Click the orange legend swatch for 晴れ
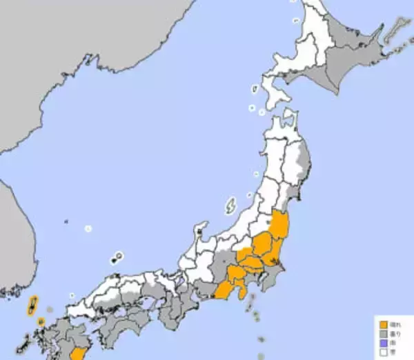pyautogui.click(x=381, y=322)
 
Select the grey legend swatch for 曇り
pyautogui.click(x=381, y=330)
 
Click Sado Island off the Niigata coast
pyautogui.click(x=231, y=205)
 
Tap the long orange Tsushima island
pyautogui.click(x=32, y=306)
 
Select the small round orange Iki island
pyautogui.click(x=41, y=321)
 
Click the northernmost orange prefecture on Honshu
pyautogui.click(x=279, y=226)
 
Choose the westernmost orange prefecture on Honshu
pyautogui.click(x=224, y=290)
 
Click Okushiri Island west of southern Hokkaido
pyautogui.click(x=254, y=90)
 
